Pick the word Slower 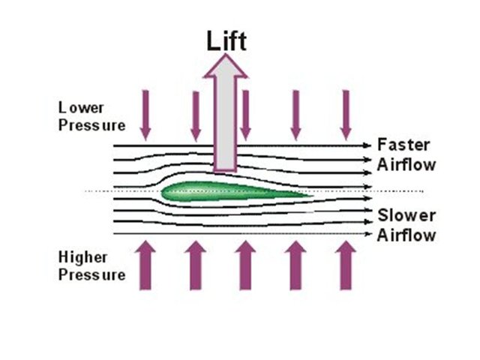click(x=405, y=216)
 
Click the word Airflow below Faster click(x=405, y=163)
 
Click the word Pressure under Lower click(x=91, y=124)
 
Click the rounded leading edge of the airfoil click(x=165, y=193)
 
